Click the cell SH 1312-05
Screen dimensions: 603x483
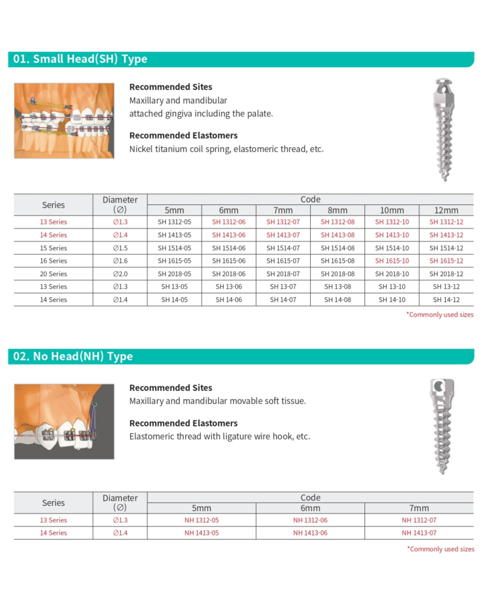(x=174, y=222)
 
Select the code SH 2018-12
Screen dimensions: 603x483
(x=446, y=274)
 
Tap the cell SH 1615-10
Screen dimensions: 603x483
(x=392, y=261)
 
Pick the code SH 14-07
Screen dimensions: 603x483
(x=283, y=300)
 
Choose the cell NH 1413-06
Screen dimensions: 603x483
(x=310, y=533)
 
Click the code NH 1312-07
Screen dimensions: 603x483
(x=419, y=520)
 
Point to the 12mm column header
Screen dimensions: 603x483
(x=446, y=210)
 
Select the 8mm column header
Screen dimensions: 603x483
(x=337, y=210)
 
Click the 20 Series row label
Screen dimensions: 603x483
(x=54, y=274)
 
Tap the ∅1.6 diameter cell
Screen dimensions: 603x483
(x=120, y=261)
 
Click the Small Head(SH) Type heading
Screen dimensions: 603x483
(x=80, y=59)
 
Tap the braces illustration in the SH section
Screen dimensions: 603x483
(x=64, y=121)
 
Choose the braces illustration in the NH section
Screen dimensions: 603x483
(x=64, y=421)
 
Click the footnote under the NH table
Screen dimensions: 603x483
(x=440, y=549)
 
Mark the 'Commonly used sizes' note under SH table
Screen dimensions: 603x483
(x=440, y=314)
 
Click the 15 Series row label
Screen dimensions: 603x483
(x=54, y=248)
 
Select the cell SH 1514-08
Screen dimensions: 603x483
(x=337, y=248)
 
